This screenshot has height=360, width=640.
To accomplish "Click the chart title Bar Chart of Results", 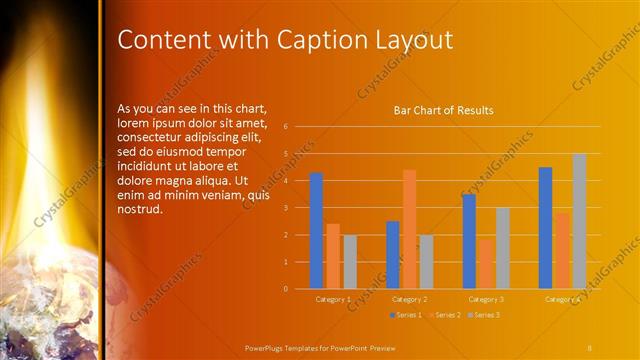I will click(442, 111).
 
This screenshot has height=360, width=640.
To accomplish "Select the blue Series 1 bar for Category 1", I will click(316, 230).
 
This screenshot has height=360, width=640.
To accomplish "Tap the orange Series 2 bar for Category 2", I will click(409, 229).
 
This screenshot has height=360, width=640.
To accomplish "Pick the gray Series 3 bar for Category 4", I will click(579, 221).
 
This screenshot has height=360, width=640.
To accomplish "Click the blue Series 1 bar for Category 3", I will click(469, 241).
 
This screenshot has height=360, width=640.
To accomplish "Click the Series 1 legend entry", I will click(404, 315).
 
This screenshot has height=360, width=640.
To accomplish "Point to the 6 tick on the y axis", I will click(286, 127).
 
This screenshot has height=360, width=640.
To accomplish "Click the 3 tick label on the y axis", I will click(286, 208).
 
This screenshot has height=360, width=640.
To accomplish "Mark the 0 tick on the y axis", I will click(286, 289).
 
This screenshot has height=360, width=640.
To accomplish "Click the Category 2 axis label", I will click(409, 299).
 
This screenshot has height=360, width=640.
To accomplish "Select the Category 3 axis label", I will click(486, 299).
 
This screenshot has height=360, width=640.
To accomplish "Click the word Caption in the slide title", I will click(317, 40).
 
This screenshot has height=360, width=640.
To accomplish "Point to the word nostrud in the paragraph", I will click(140, 210).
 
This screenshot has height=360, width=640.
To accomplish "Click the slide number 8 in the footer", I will click(590, 347).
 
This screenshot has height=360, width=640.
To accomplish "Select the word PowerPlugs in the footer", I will click(268, 347).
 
